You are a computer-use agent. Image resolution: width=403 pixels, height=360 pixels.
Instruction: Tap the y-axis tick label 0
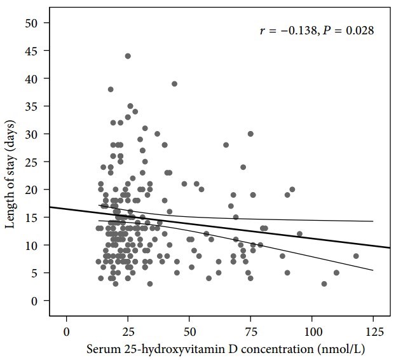[x=36, y=300]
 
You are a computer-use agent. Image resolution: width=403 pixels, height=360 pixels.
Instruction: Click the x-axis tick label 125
[x=373, y=331]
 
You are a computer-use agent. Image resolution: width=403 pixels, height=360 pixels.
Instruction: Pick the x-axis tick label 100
[x=312, y=331]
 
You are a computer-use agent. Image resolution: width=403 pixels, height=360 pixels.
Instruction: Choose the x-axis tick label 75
[x=250, y=331]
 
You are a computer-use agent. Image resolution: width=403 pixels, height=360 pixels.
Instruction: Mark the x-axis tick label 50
[x=189, y=331]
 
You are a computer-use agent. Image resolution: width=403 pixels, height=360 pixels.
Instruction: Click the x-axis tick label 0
[x=66, y=331]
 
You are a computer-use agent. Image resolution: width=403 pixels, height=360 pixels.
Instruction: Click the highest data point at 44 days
[x=128, y=56]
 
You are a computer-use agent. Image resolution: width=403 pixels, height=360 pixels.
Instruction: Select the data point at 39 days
[x=174, y=84]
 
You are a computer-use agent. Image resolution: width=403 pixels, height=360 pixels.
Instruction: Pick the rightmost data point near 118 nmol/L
[x=356, y=256]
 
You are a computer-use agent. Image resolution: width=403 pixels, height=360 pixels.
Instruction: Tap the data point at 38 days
[x=111, y=90]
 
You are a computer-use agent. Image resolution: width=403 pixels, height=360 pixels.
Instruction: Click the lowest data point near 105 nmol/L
[x=324, y=284]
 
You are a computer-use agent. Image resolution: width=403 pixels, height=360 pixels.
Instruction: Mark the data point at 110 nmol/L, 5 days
[x=336, y=273]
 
